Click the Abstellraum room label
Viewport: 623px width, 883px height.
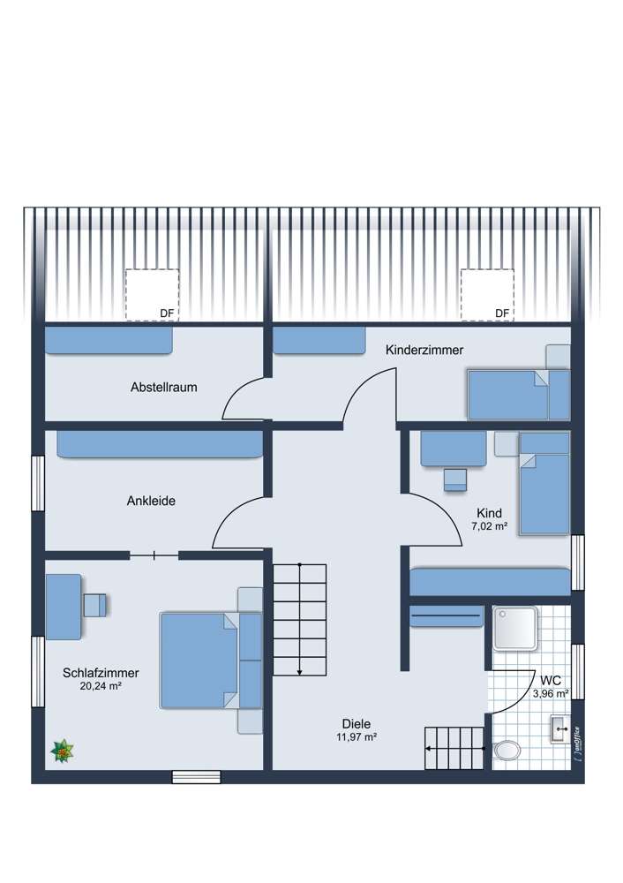point(163,387)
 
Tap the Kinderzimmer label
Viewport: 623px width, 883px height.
point(424,351)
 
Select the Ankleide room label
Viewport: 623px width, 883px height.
point(151,501)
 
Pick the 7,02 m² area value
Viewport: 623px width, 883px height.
point(489,526)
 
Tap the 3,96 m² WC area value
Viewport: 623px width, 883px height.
point(552,695)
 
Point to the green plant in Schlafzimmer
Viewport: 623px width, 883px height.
point(64,751)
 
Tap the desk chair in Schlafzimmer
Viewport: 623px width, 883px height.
point(94,605)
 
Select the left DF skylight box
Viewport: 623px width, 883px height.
point(152,295)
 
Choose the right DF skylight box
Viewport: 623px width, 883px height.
point(487,295)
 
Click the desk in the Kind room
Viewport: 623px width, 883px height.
point(454,448)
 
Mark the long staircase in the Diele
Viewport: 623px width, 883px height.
point(300,618)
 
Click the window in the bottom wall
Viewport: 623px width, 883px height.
point(196,777)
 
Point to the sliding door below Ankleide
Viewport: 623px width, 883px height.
point(154,555)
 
